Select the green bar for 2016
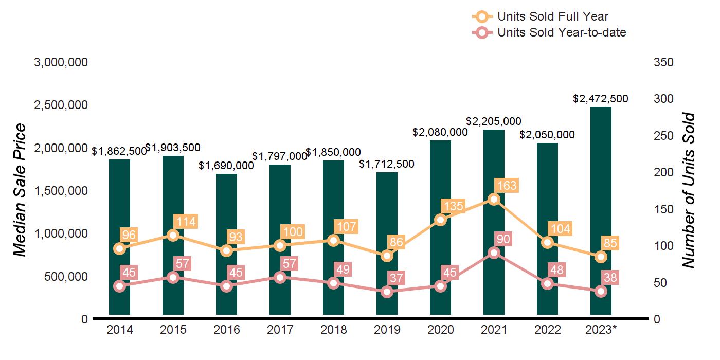coord(226,242)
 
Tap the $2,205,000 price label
coord(494,121)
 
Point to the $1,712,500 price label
coord(387,164)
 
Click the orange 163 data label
coord(506,186)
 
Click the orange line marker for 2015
coord(173,235)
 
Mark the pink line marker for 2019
coord(387,292)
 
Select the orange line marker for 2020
coord(440,220)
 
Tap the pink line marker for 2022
coord(547,283)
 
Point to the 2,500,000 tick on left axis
coord(61,105)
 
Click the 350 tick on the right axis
coord(664,62)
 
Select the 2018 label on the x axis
coord(333,330)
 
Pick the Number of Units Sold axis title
coord(689,190)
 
